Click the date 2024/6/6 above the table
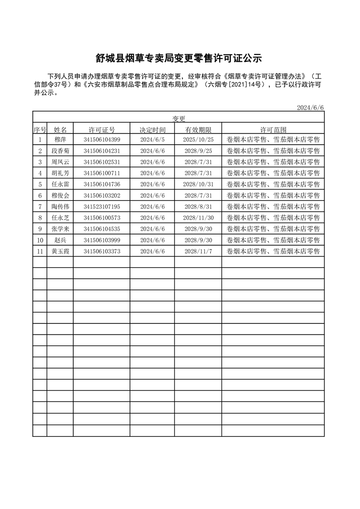311,108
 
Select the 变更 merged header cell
179,118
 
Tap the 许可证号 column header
102,130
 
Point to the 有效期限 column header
198,130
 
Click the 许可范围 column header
273,130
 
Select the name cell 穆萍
60,140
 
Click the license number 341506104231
102,151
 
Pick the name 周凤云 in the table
60,162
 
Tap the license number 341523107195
102,206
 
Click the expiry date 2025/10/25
198,140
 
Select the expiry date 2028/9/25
198,151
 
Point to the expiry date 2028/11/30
198,218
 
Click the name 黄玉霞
60,251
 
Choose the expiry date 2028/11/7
198,251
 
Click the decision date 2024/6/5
152,140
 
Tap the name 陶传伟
60,206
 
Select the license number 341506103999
102,240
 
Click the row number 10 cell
40,240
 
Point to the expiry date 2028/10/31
198,184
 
